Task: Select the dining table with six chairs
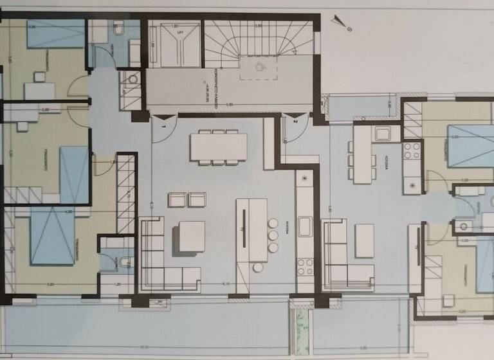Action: tap(218, 146)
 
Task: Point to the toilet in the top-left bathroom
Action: tap(118, 29)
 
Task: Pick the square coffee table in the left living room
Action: tap(192, 236)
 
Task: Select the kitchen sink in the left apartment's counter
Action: tap(304, 227)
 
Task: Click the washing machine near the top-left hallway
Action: tap(133, 79)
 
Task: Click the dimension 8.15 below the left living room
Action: tap(226, 284)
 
